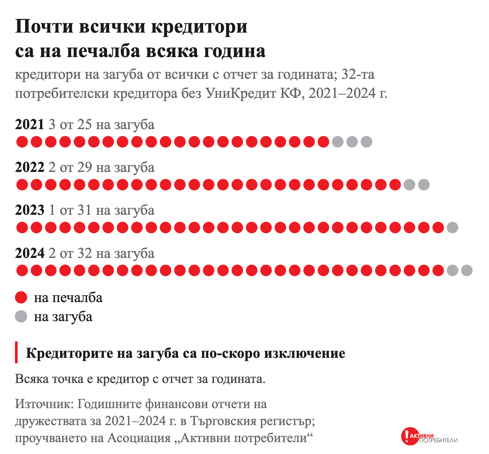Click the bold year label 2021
(30, 124)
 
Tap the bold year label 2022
(30, 167)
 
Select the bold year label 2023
(30, 210)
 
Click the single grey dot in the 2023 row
(453, 227)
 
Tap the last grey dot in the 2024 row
(467, 270)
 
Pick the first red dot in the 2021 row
(22, 142)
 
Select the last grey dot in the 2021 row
(366, 142)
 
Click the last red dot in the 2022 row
(395, 185)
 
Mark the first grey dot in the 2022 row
(410, 185)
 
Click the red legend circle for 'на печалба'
(21, 297)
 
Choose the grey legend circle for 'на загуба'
(21, 316)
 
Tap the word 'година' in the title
(235, 52)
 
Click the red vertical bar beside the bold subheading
(16, 352)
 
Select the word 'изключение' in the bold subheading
(305, 353)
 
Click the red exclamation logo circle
(410, 436)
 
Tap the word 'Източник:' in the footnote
(44, 404)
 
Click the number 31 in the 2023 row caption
(85, 210)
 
